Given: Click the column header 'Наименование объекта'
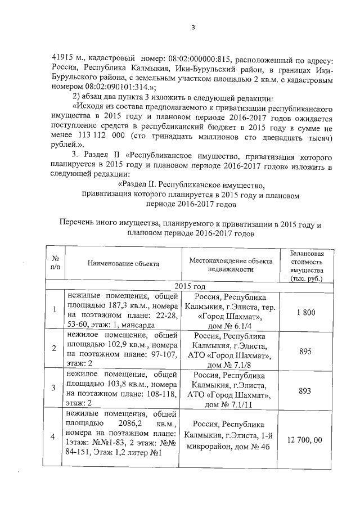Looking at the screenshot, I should pyautogui.click(x=123, y=263).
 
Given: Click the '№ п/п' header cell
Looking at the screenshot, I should pyautogui.click(x=55, y=263).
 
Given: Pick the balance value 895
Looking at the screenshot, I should pyautogui.click(x=306, y=349).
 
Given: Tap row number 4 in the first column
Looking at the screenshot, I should pyautogui.click(x=53, y=438).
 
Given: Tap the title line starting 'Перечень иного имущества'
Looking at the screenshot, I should pyautogui.click(x=191, y=224).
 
